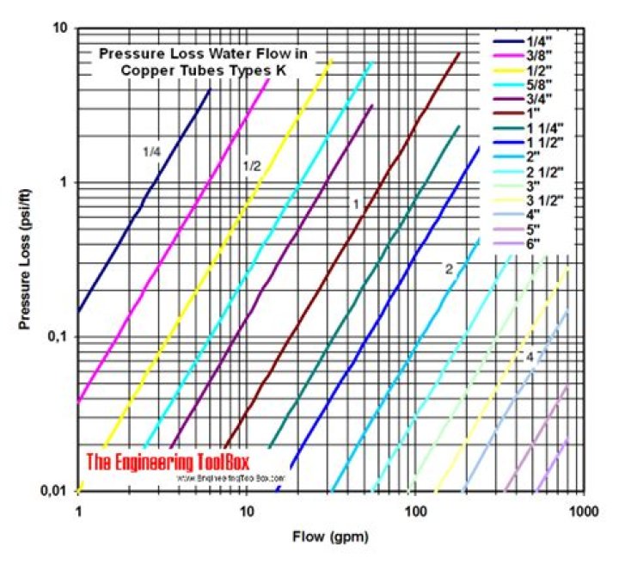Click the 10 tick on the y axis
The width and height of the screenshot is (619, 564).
[x=61, y=28]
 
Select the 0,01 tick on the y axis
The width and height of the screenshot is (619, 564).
[x=53, y=491]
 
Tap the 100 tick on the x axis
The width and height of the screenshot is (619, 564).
[x=416, y=510]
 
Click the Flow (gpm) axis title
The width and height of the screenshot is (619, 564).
[x=330, y=540]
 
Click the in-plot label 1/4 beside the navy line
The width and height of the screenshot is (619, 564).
[x=151, y=151]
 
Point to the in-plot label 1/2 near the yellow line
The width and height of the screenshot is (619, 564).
[x=251, y=165]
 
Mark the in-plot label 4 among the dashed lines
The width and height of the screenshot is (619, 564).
[x=530, y=356]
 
